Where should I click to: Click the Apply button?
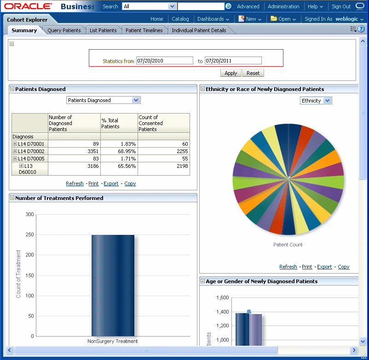(231, 73)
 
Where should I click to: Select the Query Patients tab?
(64, 30)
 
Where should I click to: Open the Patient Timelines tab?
(144, 30)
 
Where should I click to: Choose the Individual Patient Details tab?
(199, 30)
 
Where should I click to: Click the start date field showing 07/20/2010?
(164, 61)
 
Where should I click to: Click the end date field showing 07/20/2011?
(233, 61)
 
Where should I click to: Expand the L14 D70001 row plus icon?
(15, 144)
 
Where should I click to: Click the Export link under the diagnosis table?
(111, 183)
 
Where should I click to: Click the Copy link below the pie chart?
(343, 267)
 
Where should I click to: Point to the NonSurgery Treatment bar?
(113, 285)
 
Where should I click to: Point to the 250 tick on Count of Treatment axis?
(30, 235)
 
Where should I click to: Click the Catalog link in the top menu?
(180, 19)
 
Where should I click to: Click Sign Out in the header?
(341, 6)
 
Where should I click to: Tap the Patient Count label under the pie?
(288, 245)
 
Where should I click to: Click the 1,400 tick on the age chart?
(222, 312)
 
